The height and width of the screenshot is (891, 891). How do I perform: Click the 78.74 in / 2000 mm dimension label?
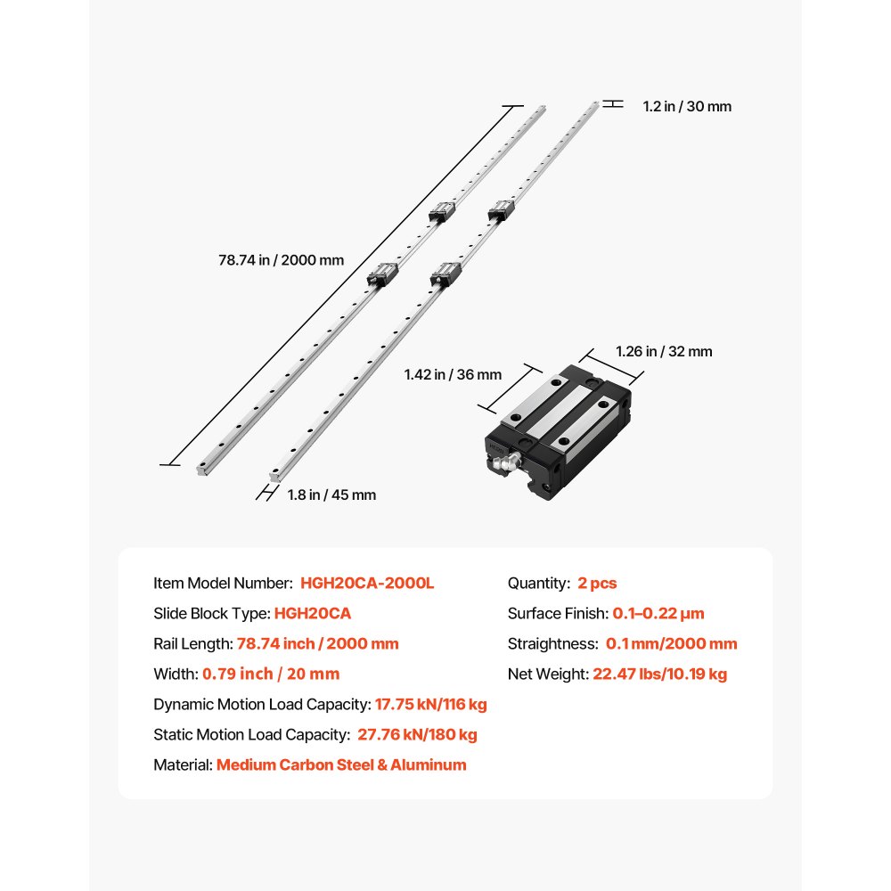tap(281, 260)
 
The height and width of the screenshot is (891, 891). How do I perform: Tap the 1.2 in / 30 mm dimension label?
tap(687, 106)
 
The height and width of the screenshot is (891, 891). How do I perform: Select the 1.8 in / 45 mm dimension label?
tap(331, 495)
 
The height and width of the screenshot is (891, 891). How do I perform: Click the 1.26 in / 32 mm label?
tap(665, 351)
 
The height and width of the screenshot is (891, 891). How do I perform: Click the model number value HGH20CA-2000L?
tap(367, 584)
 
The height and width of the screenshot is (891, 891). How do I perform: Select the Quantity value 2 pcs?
tap(597, 584)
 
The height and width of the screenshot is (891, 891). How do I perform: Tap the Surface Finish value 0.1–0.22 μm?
tap(658, 614)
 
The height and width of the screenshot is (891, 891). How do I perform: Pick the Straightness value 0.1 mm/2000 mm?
tap(671, 644)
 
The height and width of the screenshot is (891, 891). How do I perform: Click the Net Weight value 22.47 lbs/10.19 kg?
tap(659, 674)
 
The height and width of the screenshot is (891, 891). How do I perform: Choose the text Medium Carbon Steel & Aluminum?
tap(341, 764)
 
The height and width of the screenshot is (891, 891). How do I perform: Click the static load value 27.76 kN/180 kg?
tap(417, 735)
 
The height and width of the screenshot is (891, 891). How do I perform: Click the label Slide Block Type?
tap(211, 614)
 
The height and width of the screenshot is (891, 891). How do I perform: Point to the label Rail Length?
tap(192, 644)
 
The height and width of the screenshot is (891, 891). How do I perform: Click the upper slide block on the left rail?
tap(442, 213)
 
